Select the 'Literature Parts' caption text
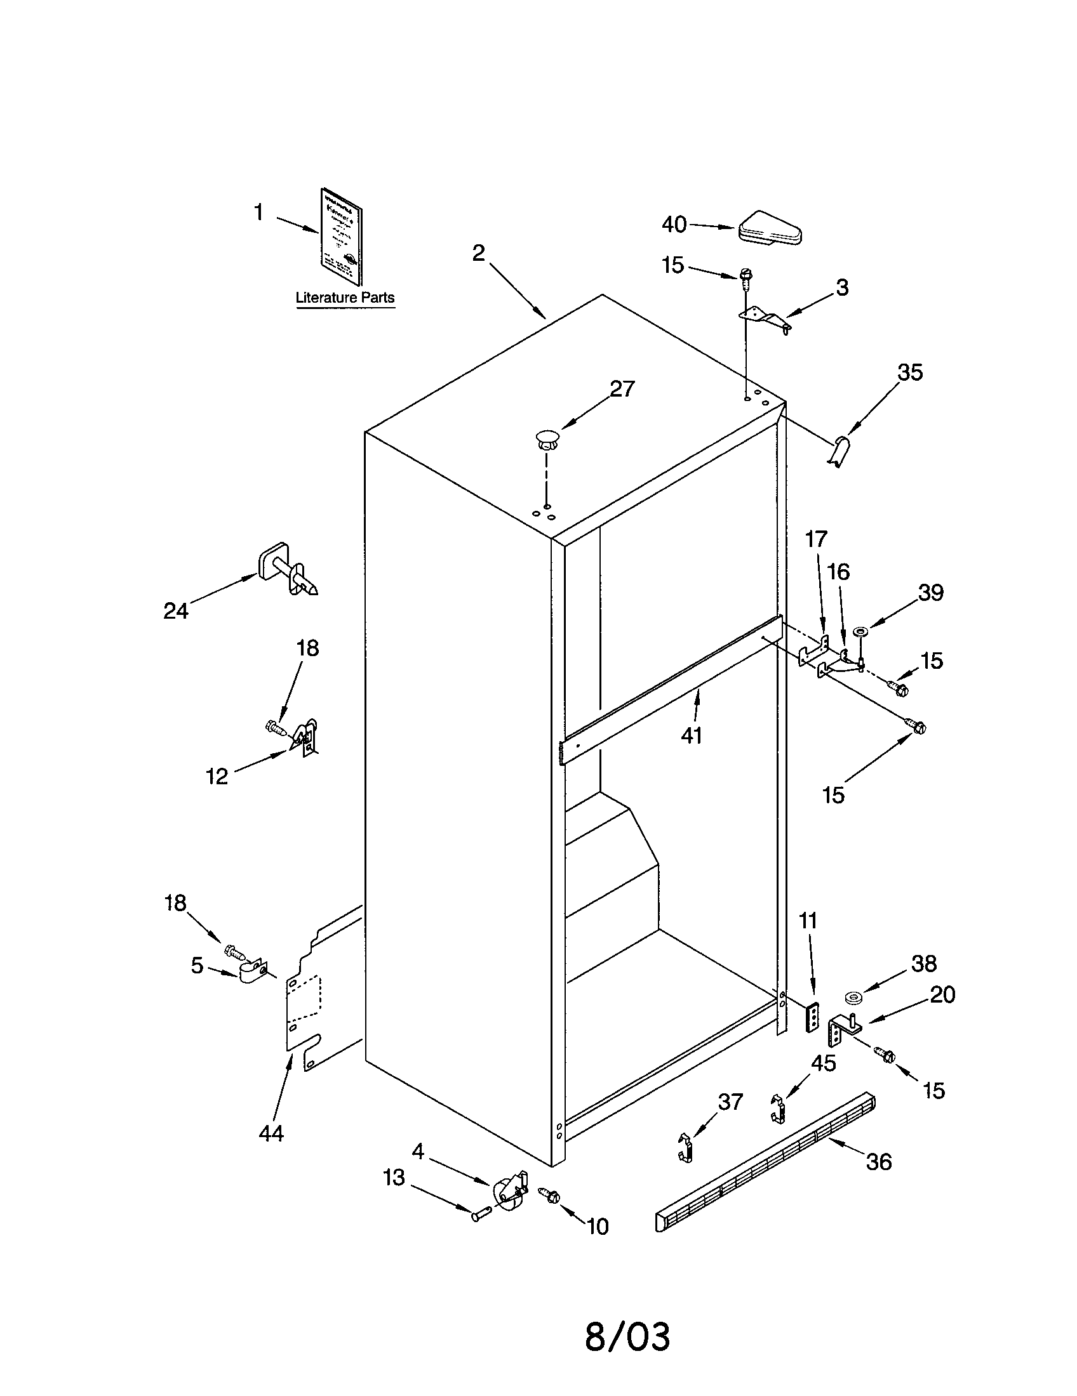coord(345,297)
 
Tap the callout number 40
coord(674,225)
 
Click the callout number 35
coord(910,372)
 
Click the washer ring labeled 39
coord(860,632)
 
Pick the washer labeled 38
coord(852,997)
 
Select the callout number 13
coord(394,1177)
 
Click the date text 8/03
coord(627,1336)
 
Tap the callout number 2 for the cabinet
coord(478,253)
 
